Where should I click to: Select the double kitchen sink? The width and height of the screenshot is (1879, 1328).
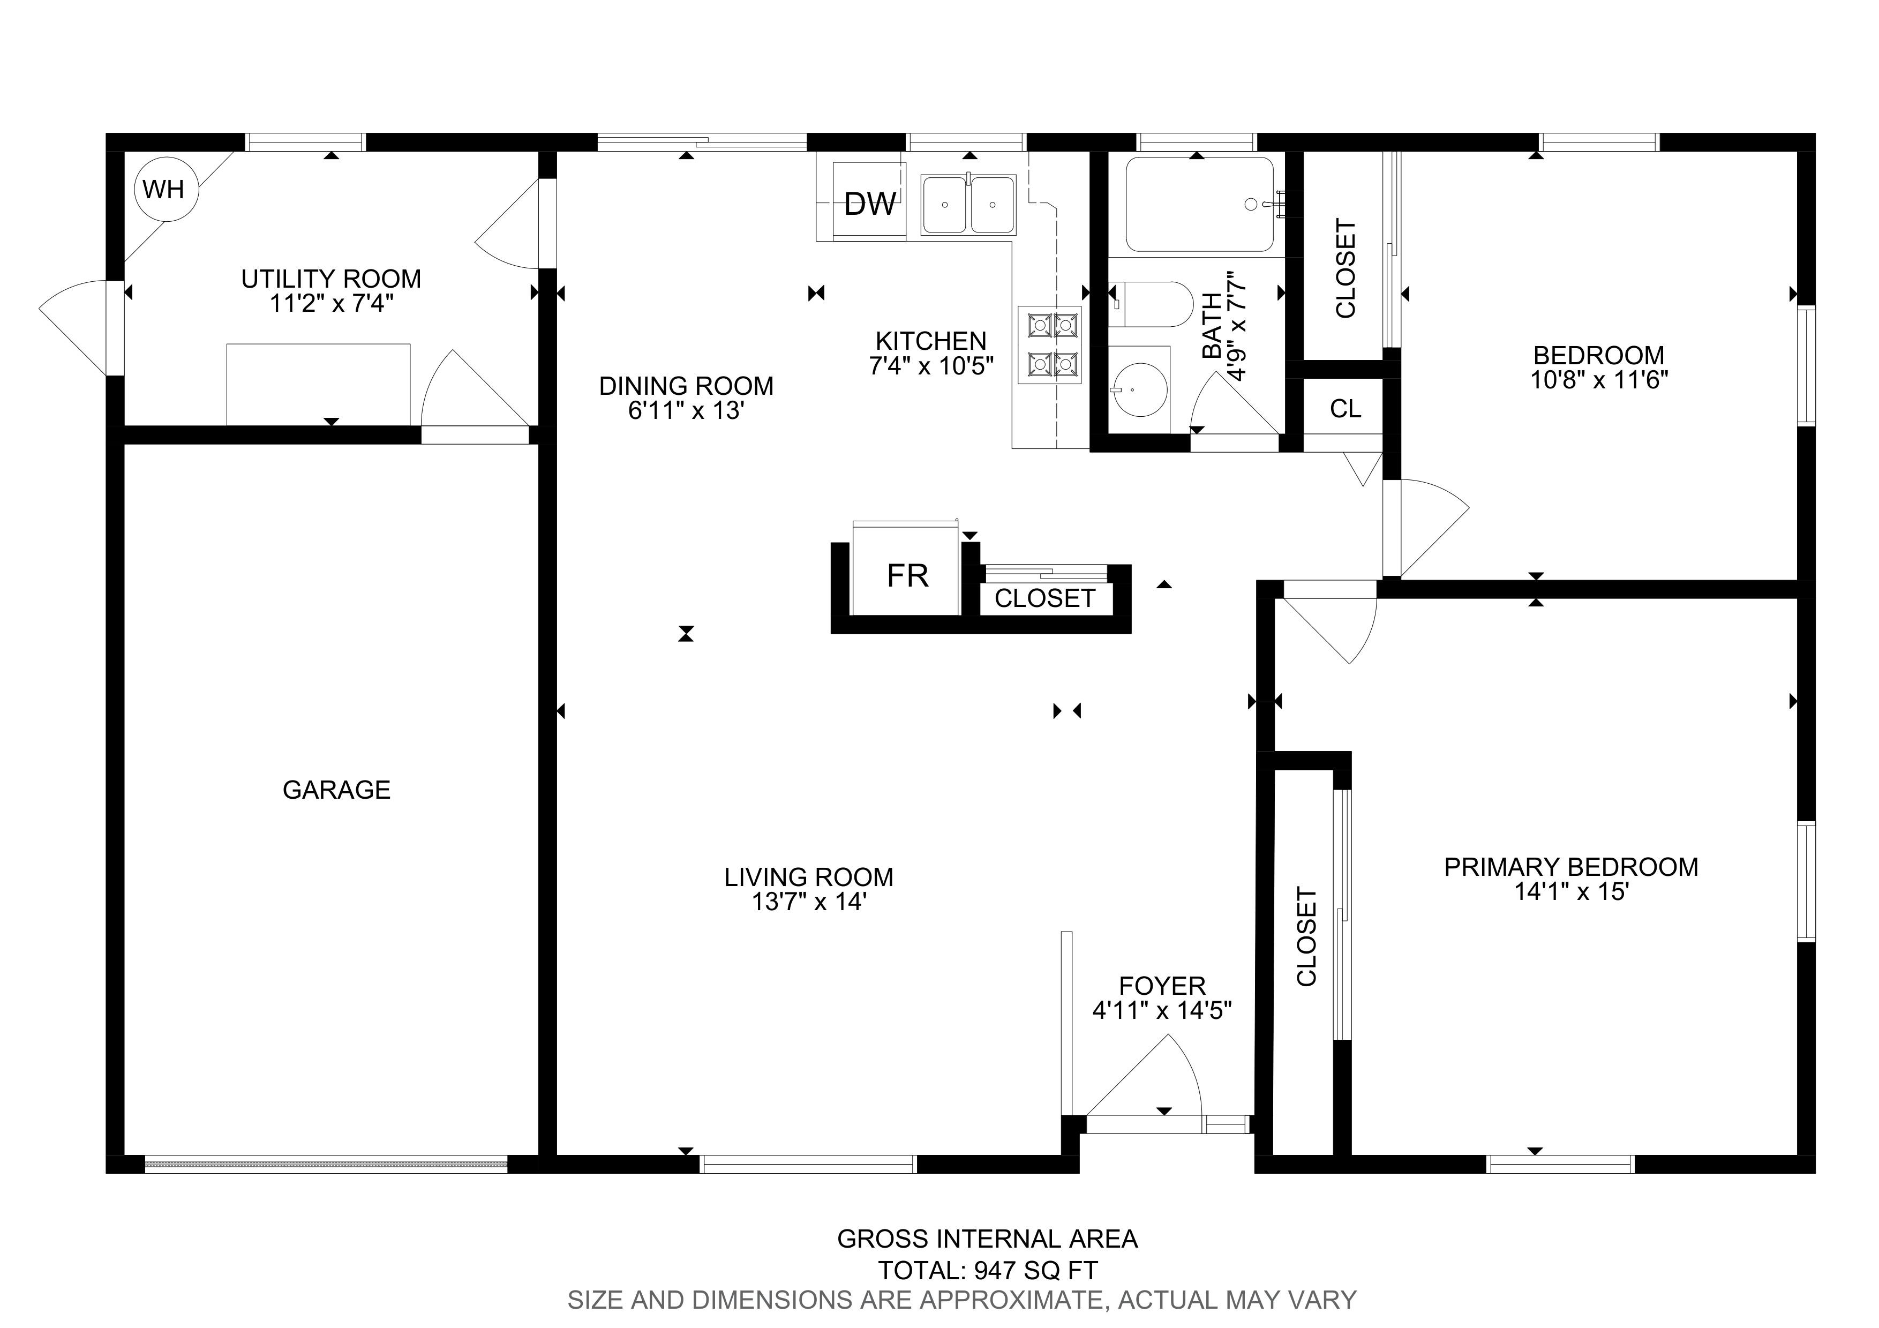click(968, 205)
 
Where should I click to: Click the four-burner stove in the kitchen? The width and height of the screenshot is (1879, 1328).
click(1050, 344)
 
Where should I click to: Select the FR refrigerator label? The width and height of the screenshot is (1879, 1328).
click(907, 576)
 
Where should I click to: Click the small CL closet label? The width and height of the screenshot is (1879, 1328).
click(1346, 408)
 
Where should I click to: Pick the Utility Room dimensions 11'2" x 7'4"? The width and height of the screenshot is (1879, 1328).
click(332, 304)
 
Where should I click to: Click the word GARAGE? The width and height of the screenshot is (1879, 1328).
click(336, 790)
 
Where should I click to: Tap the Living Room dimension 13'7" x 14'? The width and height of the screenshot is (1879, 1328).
click(809, 902)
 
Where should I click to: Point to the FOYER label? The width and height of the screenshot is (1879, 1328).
click(1162, 985)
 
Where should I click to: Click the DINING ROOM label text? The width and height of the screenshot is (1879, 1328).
click(686, 385)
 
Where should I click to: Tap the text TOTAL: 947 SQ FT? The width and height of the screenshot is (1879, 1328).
click(988, 1271)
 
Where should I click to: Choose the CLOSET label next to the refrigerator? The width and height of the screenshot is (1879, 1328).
click(1044, 598)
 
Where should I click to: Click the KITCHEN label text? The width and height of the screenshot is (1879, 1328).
click(930, 340)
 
